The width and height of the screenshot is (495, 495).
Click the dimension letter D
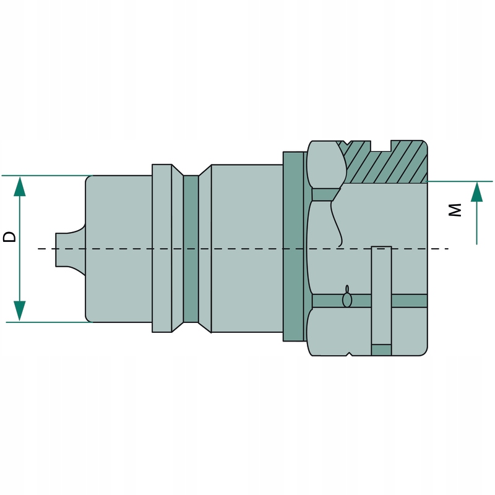click(x=10, y=236)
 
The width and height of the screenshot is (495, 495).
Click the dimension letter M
click(x=455, y=211)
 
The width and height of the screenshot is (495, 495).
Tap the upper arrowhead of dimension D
click(x=20, y=186)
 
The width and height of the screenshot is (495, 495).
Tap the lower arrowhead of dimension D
click(x=20, y=311)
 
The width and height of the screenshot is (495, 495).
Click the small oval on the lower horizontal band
click(x=348, y=300)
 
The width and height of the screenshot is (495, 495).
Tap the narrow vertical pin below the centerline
click(x=381, y=291)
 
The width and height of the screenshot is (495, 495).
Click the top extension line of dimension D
click(x=43, y=176)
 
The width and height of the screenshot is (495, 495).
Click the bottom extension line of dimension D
click(x=43, y=322)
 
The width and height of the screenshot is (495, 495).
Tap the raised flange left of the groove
click(x=162, y=247)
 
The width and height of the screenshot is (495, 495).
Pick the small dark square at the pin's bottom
click(x=381, y=350)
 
